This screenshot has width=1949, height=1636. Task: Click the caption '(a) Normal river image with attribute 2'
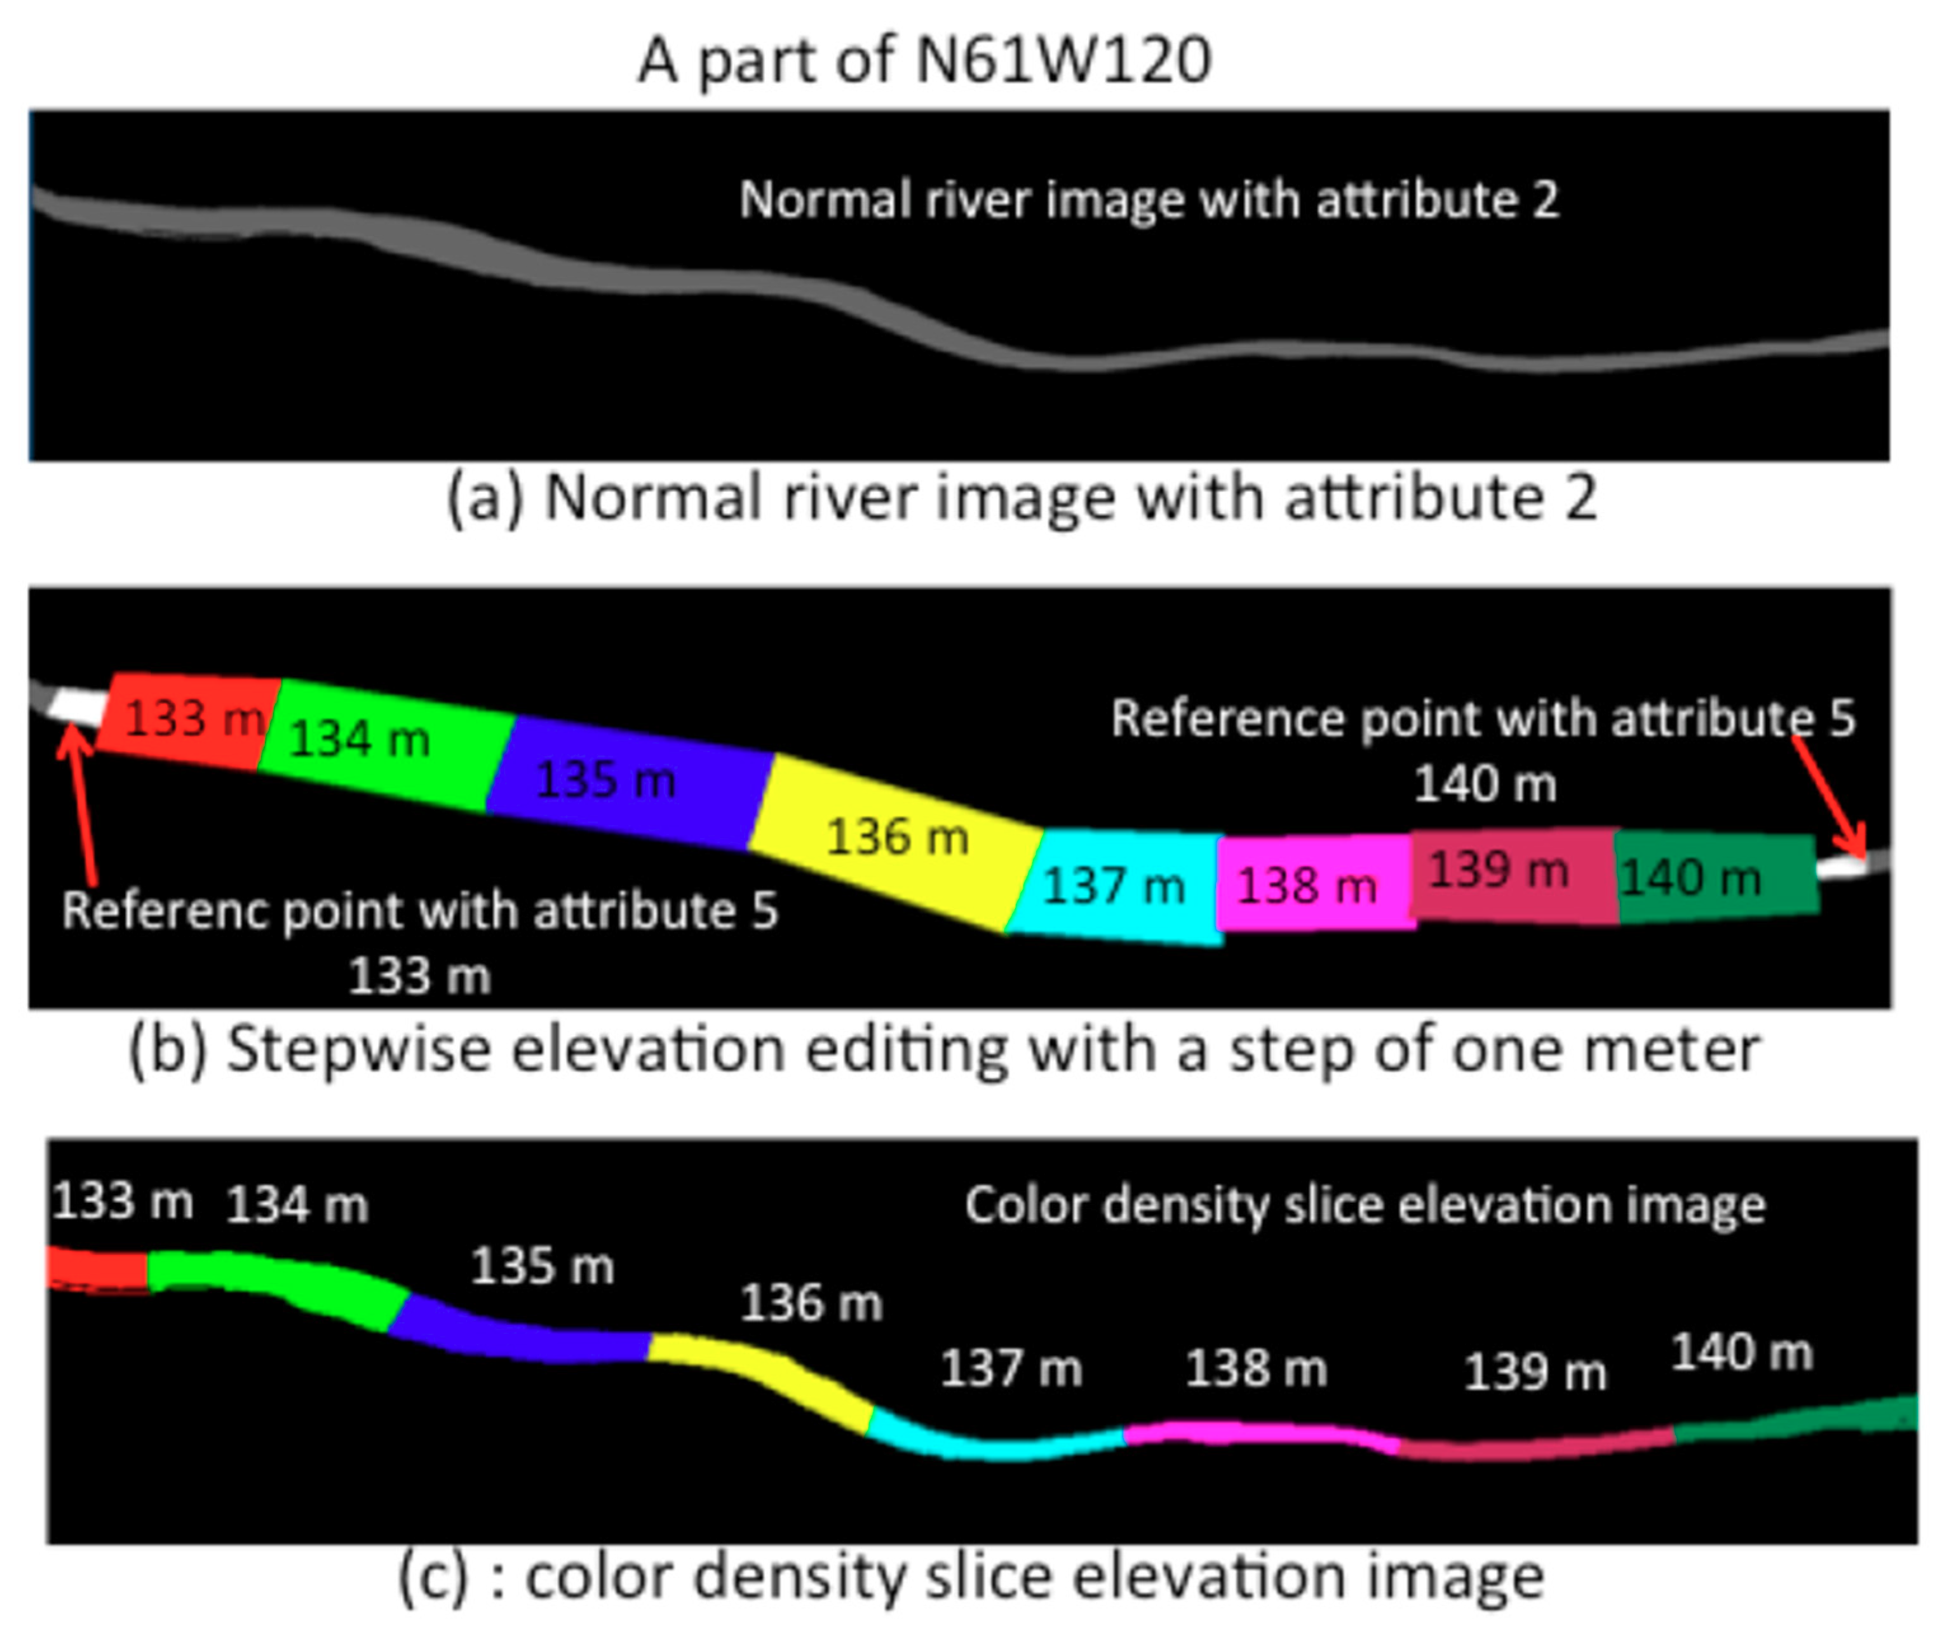click(x=1021, y=498)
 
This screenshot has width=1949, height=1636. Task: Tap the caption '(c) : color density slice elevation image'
click(x=970, y=1578)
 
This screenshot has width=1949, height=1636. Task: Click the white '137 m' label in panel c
click(x=1011, y=1369)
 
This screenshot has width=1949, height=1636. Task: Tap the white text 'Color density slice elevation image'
click(x=1365, y=1205)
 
